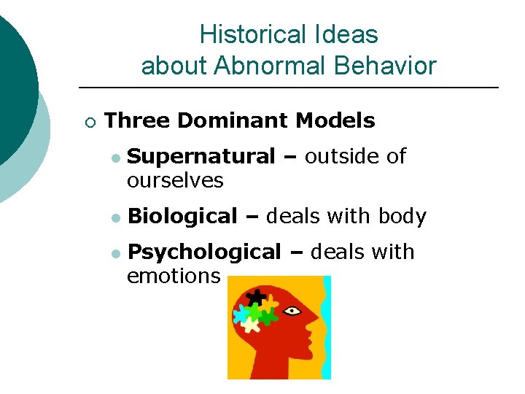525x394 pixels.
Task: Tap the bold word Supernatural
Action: pyautogui.click(x=201, y=156)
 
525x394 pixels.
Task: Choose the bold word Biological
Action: pyautogui.click(x=182, y=217)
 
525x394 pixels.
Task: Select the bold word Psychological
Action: pyautogui.click(x=203, y=252)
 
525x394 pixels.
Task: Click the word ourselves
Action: pyautogui.click(x=175, y=180)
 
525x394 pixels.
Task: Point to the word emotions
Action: pyautogui.click(x=174, y=276)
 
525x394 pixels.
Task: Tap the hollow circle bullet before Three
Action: pyautogui.click(x=89, y=121)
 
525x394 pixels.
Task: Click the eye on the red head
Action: pyautogui.click(x=292, y=311)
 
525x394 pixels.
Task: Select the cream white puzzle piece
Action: pyautogui.click(x=250, y=325)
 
